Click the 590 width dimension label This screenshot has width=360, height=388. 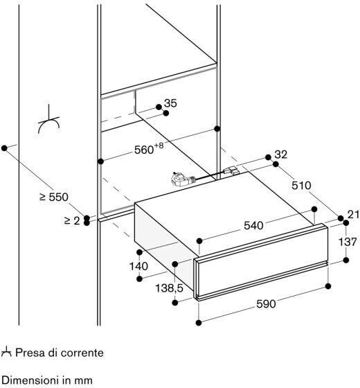click(x=266, y=304)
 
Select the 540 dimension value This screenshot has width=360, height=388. click(x=253, y=225)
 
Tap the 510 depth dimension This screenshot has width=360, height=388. click(x=301, y=186)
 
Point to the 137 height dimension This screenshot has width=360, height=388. click(x=348, y=242)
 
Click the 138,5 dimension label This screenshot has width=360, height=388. click(x=169, y=288)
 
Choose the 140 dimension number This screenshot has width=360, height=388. click(x=138, y=266)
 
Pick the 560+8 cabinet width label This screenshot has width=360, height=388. click(x=149, y=149)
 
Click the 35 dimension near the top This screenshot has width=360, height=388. click(x=170, y=103)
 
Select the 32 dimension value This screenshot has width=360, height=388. click(x=281, y=155)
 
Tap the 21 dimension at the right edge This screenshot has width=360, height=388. click(x=353, y=215)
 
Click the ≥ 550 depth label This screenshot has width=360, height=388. click(x=54, y=197)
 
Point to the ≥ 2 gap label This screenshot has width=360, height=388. click(x=72, y=220)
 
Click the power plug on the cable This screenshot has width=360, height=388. click(x=181, y=179)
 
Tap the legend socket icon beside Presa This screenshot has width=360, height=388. click(x=6, y=352)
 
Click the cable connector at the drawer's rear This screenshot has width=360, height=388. click(x=231, y=170)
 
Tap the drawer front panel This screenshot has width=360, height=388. click(x=262, y=262)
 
